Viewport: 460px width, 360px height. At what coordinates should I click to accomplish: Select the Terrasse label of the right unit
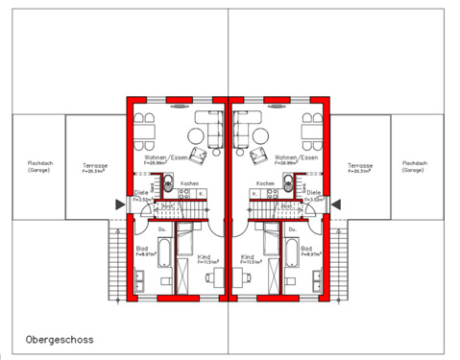point(360,165)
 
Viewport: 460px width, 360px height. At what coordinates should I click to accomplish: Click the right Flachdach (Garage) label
point(413,165)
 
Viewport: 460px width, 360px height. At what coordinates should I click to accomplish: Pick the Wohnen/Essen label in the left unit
point(162,157)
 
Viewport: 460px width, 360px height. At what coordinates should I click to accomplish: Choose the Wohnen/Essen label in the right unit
point(295,157)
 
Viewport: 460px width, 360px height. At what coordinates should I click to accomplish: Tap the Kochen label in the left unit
point(189,182)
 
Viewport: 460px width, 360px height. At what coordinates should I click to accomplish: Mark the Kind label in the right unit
point(248,256)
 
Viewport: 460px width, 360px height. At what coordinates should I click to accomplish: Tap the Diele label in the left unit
point(141,193)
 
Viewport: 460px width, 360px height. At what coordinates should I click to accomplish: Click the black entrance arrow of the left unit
point(118,204)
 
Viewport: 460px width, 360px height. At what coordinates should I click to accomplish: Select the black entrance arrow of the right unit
point(338,204)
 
